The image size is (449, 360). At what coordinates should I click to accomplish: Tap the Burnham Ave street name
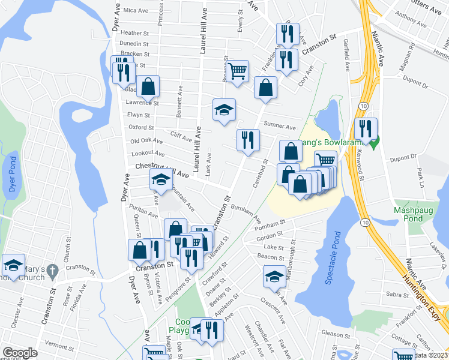(x=248, y=215)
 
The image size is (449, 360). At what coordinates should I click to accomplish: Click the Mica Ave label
(x=135, y=11)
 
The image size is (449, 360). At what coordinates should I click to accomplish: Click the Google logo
(x=19, y=353)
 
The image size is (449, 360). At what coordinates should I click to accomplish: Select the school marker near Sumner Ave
(x=224, y=110)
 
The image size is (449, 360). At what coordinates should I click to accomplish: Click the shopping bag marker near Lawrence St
(x=148, y=87)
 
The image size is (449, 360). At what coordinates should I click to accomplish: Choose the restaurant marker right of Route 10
(x=365, y=128)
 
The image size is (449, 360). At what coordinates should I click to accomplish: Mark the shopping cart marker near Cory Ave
(x=238, y=71)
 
